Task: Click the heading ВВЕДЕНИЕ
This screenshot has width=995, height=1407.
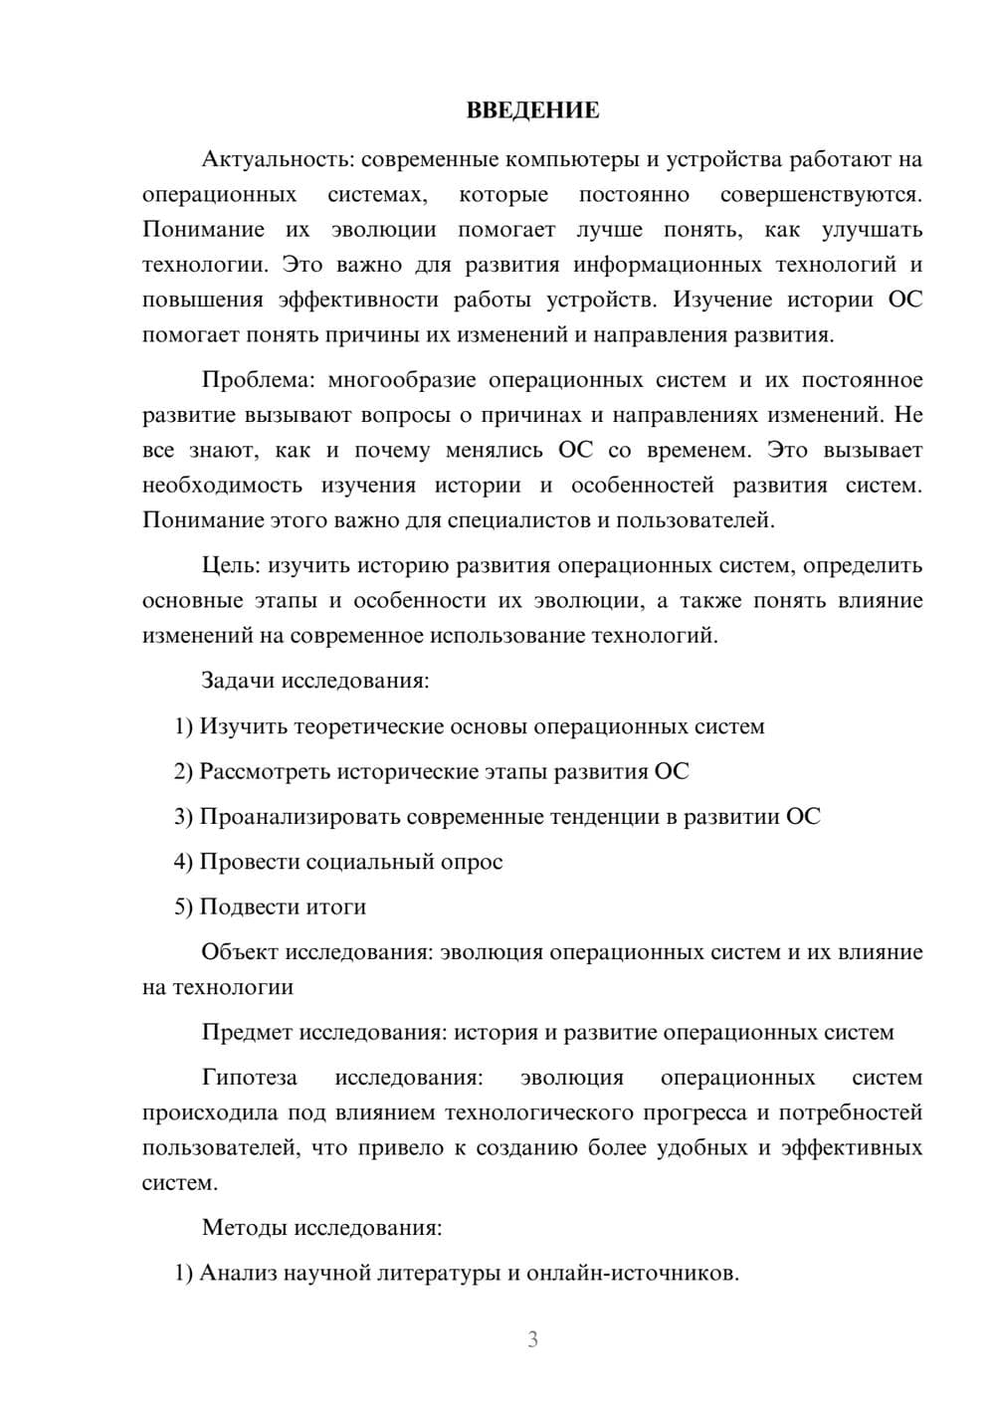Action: pyautogui.click(x=532, y=110)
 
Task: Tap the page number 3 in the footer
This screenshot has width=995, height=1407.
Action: pyautogui.click(x=532, y=1339)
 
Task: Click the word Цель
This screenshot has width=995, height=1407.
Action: pyautogui.click(x=230, y=565)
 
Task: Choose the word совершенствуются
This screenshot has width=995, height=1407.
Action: pyautogui.click(x=821, y=194)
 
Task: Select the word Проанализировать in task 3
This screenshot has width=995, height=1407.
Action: pyautogui.click(x=293, y=817)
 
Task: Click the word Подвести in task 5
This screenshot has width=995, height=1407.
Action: pyautogui.click(x=247, y=906)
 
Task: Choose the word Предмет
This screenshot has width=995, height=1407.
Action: pyautogui.click(x=247, y=1032)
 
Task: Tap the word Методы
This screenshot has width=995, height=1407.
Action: pyautogui.click(x=243, y=1227)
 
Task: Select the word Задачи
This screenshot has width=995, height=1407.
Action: pyautogui.click(x=238, y=682)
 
